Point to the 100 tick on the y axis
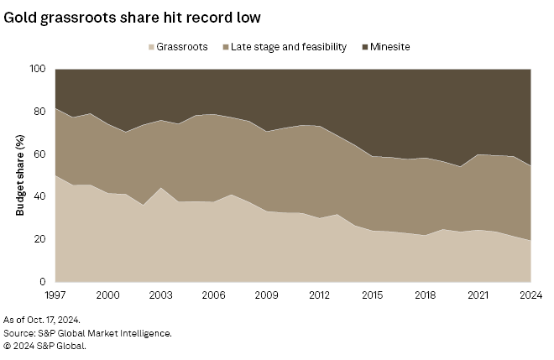[37, 69]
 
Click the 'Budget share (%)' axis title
[19, 175]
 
